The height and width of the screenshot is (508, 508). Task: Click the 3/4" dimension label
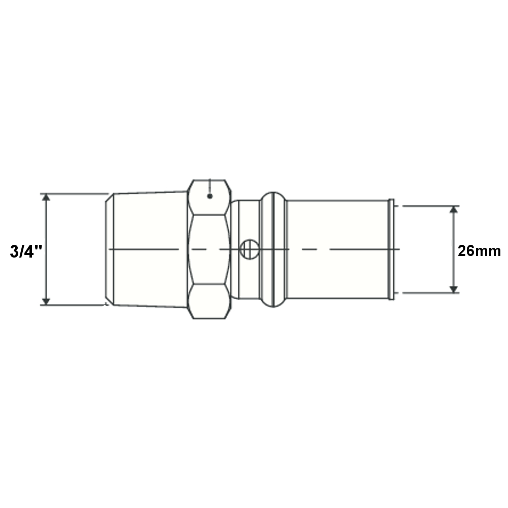tap(26, 251)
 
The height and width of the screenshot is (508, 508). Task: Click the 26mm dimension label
tap(479, 251)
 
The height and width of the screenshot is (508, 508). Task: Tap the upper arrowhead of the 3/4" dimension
tap(46, 197)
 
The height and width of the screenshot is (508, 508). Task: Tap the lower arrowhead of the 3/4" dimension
tap(46, 301)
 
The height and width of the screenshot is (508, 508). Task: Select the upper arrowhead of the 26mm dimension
tap(454, 209)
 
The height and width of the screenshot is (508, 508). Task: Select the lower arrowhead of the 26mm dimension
tap(454, 290)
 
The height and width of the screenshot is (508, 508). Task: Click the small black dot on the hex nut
tap(210, 196)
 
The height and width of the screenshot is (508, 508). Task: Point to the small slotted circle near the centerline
tap(249, 249)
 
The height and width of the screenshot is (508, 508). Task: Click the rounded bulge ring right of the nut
tap(273, 249)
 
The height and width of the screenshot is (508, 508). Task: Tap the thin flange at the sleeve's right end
tap(391, 249)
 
